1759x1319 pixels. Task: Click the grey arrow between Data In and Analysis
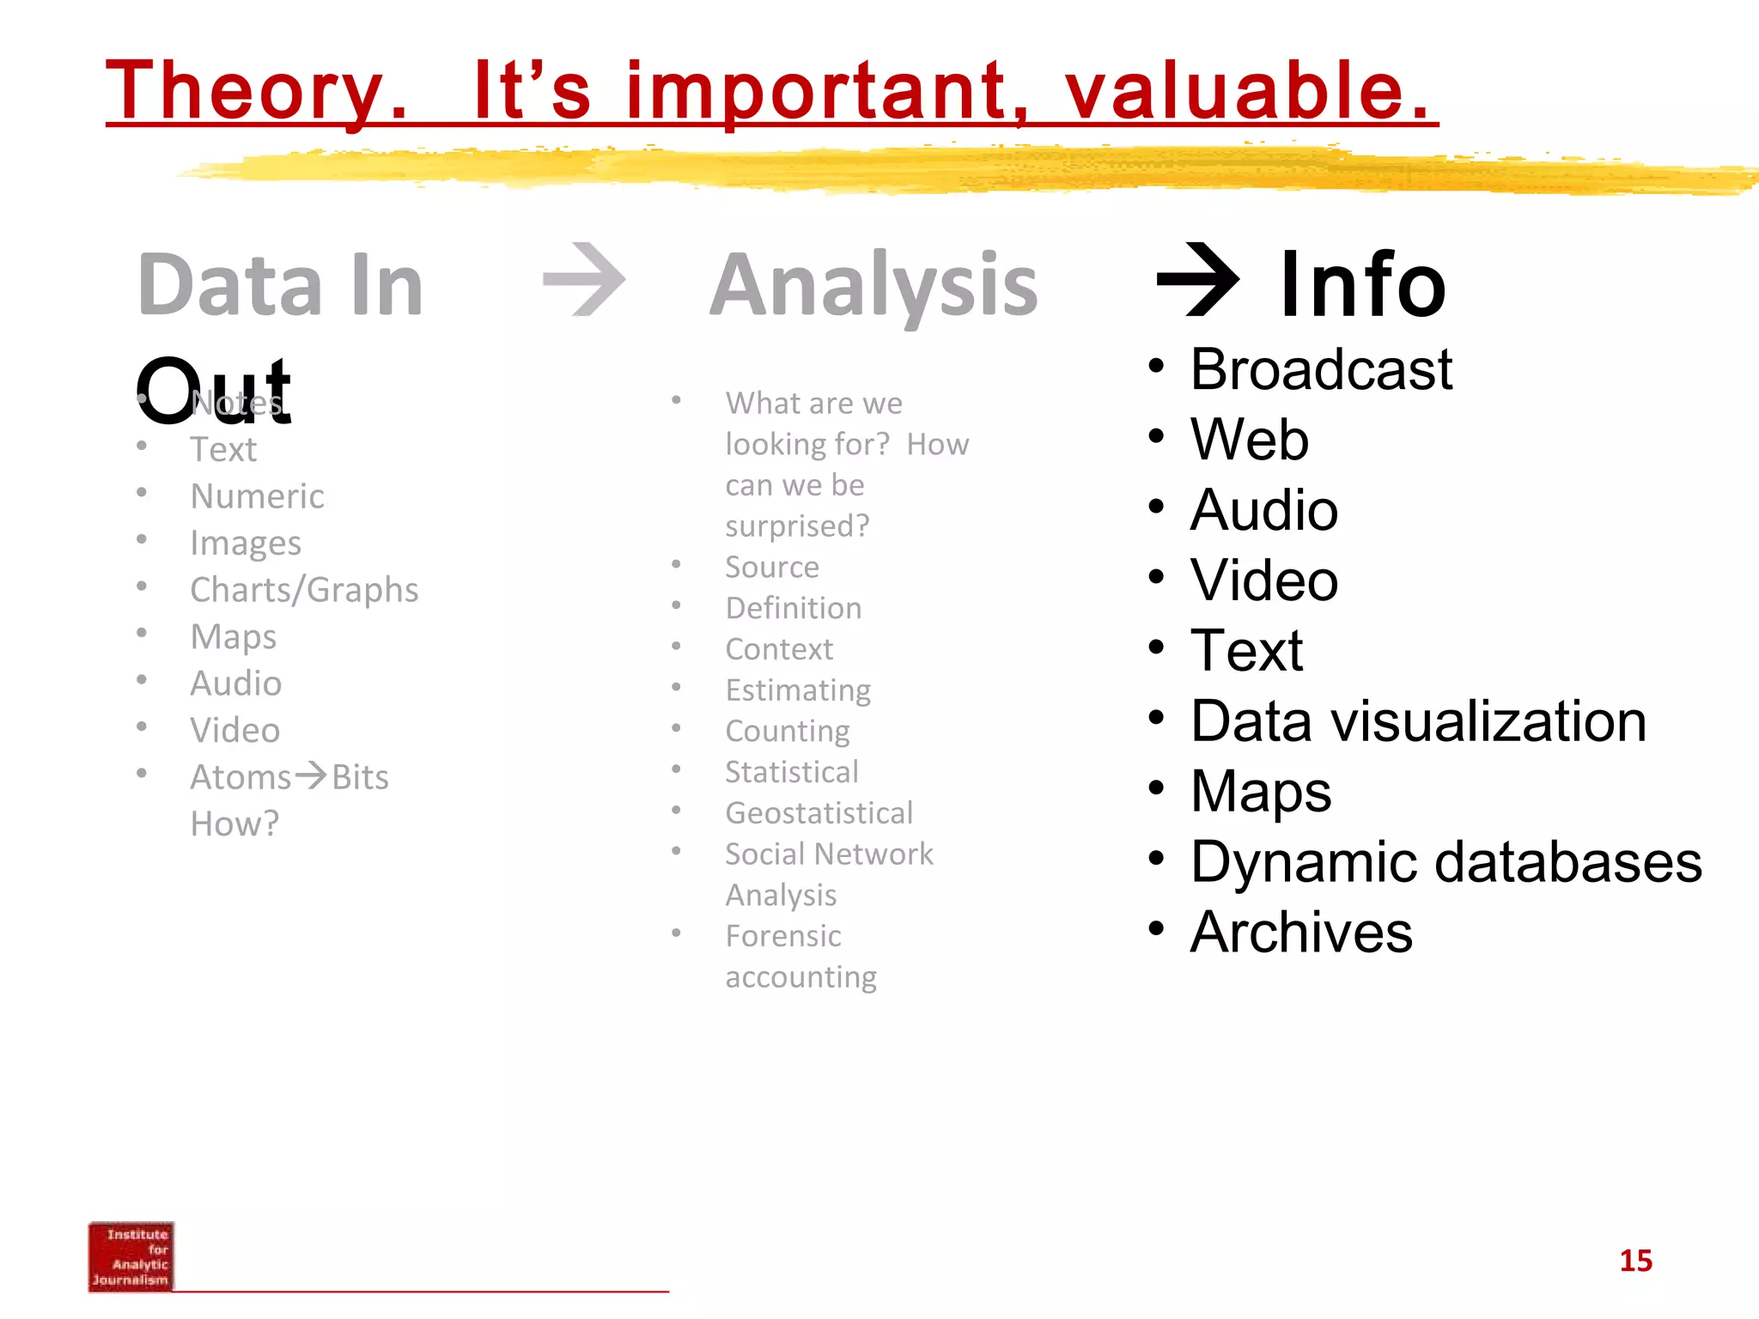click(x=584, y=280)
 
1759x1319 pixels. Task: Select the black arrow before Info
click(x=1198, y=280)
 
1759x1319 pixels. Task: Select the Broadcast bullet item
click(x=1320, y=369)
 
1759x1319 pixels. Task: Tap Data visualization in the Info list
click(x=1418, y=720)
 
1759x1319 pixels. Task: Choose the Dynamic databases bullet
click(x=1446, y=861)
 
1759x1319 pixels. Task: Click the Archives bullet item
click(x=1300, y=932)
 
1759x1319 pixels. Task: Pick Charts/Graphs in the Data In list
click(x=304, y=590)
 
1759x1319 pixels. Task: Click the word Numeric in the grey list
click(x=257, y=496)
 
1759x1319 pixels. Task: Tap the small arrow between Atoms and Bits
click(x=311, y=775)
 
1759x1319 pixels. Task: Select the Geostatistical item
click(x=819, y=813)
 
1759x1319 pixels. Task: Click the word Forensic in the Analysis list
click(x=782, y=936)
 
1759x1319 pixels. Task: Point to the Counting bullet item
click(x=787, y=731)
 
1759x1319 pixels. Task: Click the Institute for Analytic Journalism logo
click(x=131, y=1256)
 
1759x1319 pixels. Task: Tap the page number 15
click(x=1635, y=1261)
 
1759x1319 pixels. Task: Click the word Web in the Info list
click(x=1249, y=440)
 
